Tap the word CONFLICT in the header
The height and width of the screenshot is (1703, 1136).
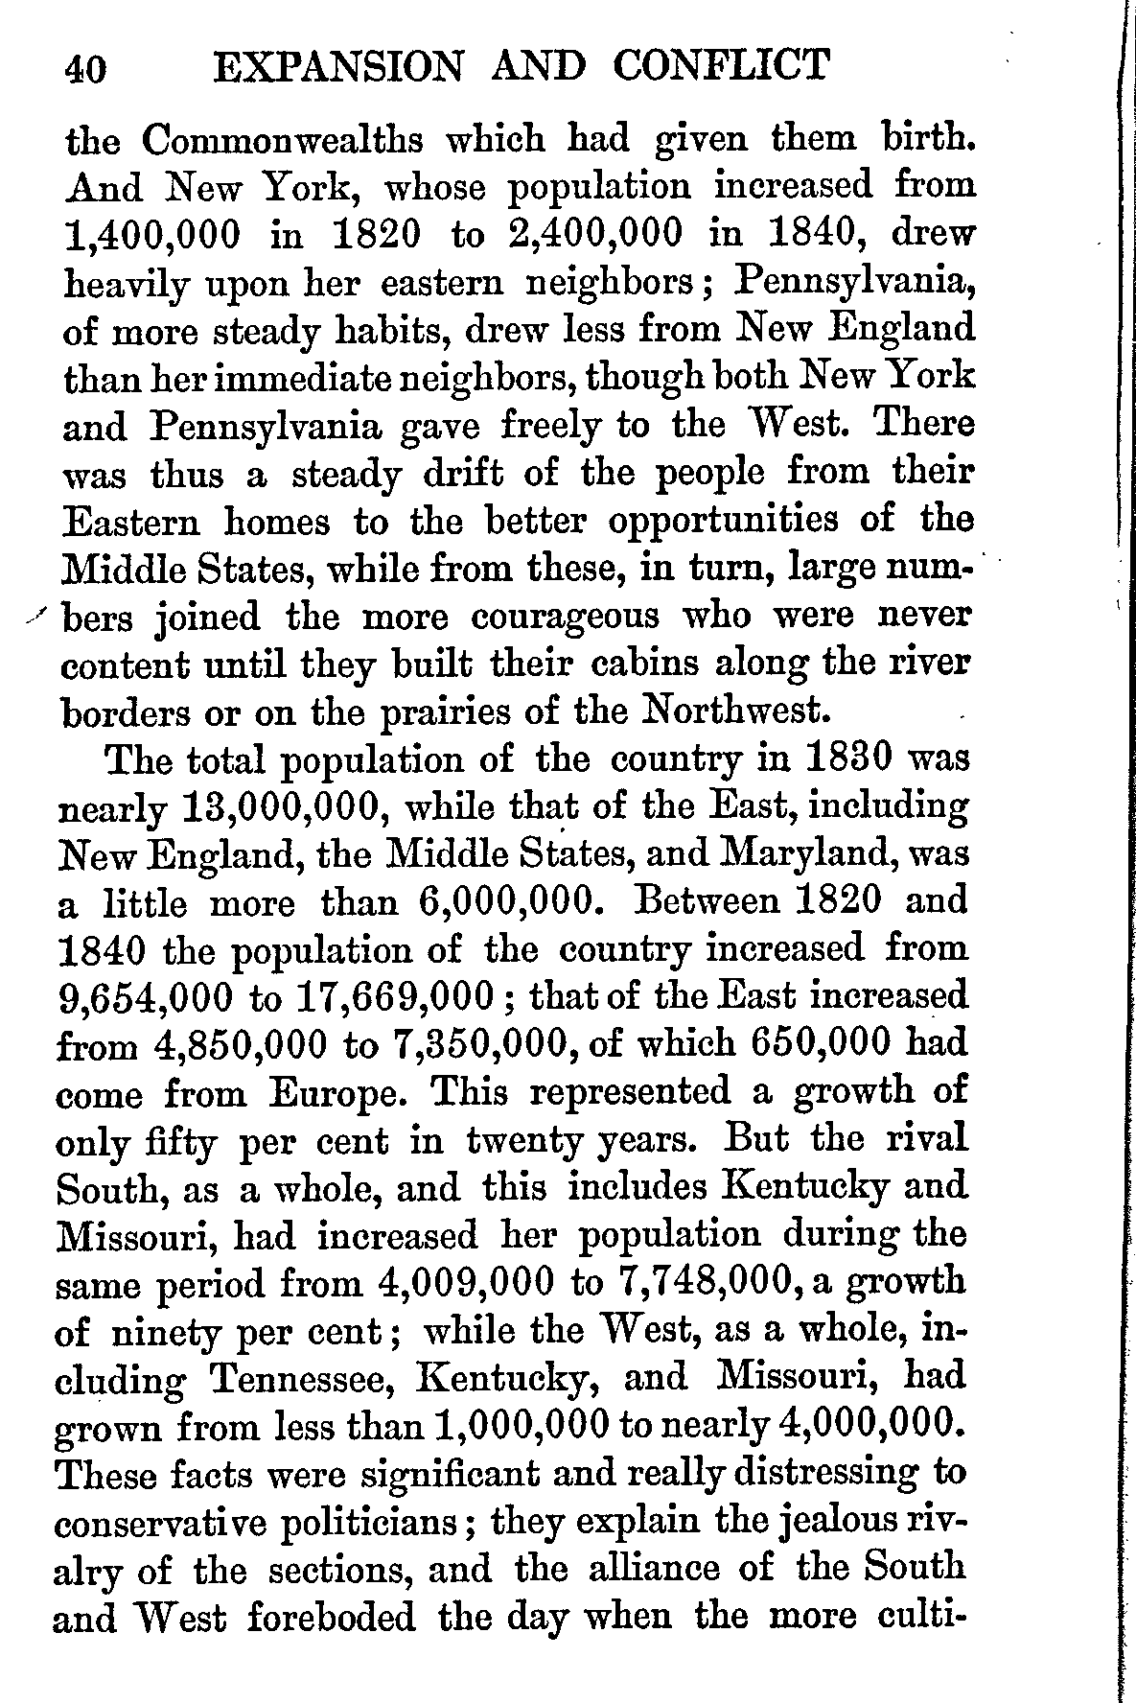point(721,66)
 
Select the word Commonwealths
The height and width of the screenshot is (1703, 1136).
point(286,142)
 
